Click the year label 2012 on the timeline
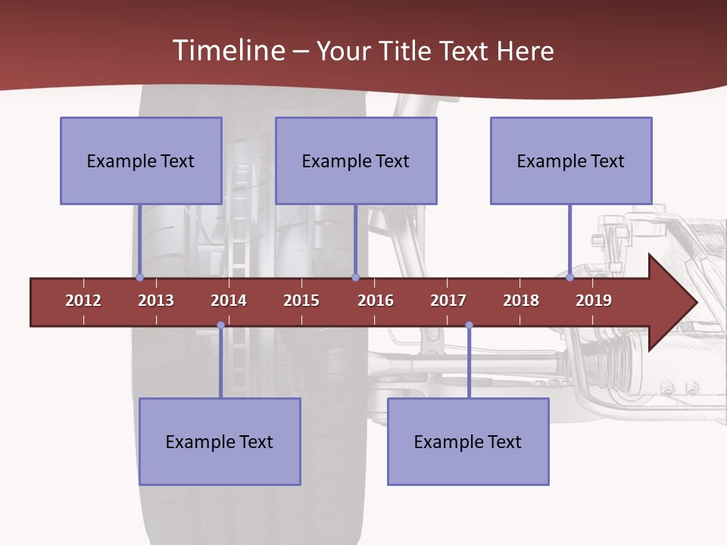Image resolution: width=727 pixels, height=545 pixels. point(83,301)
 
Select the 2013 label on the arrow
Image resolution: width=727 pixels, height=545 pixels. point(156,301)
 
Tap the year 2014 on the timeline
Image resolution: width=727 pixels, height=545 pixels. point(229,301)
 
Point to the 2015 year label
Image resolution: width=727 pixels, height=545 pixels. point(301,301)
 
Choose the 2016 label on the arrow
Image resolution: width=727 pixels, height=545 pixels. point(376,301)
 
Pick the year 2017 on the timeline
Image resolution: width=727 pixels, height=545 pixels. point(448,301)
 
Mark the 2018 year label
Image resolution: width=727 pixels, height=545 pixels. point(521,301)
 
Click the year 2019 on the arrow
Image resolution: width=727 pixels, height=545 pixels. point(594,301)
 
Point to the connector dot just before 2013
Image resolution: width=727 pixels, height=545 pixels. point(139,278)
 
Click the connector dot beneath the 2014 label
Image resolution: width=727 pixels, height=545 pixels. point(220,325)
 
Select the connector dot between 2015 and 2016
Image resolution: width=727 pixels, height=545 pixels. point(355,278)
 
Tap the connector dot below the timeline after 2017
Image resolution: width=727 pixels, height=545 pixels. point(469,325)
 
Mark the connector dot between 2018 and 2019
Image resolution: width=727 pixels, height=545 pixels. point(569,278)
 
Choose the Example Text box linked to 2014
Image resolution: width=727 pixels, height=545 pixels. point(220,441)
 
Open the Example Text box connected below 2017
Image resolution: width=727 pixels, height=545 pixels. point(468,441)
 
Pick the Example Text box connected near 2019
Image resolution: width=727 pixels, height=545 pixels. point(571,160)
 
